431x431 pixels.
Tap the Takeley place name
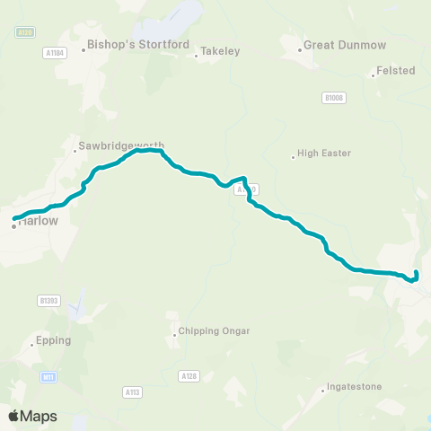[x=220, y=52]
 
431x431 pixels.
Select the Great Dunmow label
[x=337, y=43]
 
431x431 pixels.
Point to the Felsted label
[x=396, y=70]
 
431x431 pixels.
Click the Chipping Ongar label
[x=211, y=331]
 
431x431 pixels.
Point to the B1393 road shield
[x=48, y=300]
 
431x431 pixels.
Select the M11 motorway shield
[x=48, y=377]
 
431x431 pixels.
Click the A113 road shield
[x=132, y=391]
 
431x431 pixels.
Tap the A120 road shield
[x=250, y=189]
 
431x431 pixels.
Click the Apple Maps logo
[x=32, y=416]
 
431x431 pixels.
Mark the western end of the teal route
[x=13, y=218]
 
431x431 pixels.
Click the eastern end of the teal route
[x=418, y=272]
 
